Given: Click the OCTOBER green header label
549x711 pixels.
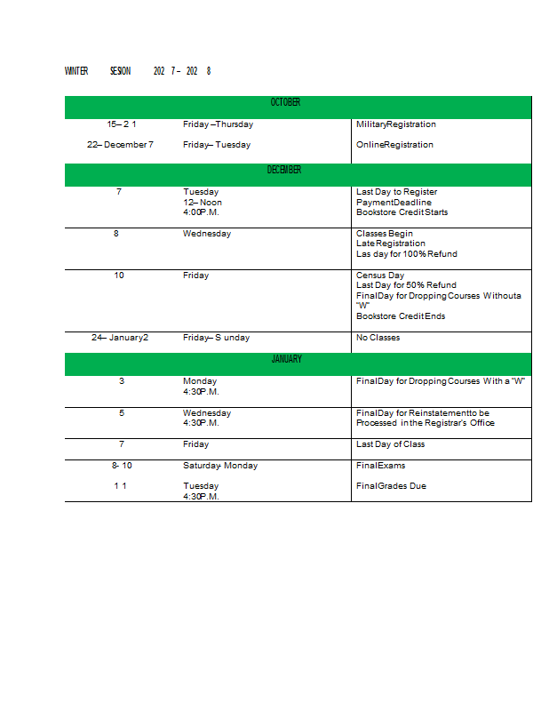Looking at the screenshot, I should (x=285, y=103).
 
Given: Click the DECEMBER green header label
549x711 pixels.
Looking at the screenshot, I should (x=284, y=170).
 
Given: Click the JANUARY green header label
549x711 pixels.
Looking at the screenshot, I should (x=286, y=360).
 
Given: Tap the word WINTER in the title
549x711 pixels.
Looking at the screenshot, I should (x=76, y=71).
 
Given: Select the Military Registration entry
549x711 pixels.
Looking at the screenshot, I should (x=395, y=124).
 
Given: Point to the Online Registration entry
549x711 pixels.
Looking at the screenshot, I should (x=394, y=145).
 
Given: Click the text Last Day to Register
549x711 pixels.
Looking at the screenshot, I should (x=396, y=192).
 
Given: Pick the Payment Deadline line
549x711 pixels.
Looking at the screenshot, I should (x=394, y=203).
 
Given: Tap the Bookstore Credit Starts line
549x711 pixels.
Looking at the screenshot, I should (x=402, y=212).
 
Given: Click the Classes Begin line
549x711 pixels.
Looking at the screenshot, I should (x=384, y=234).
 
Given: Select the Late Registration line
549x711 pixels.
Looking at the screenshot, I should (x=390, y=244).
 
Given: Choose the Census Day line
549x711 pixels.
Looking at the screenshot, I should (x=379, y=276).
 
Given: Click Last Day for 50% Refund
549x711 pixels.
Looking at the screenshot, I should (x=406, y=285).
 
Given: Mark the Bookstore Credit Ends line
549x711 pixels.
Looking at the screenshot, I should (x=401, y=316).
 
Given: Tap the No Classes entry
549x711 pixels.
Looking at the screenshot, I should (x=378, y=338).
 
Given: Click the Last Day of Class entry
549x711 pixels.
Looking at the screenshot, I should (x=390, y=444).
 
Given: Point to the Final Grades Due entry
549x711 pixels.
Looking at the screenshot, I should (x=391, y=486).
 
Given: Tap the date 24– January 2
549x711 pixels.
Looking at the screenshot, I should (x=120, y=338).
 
